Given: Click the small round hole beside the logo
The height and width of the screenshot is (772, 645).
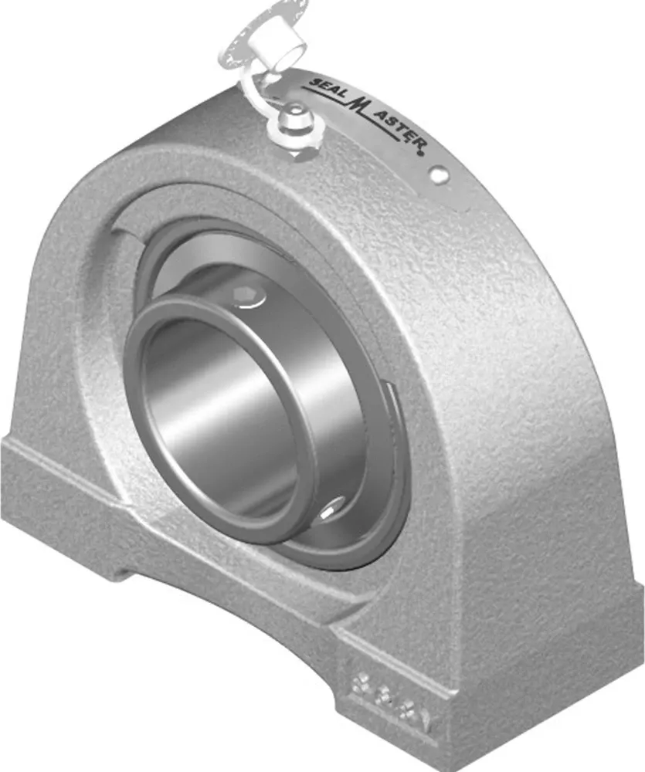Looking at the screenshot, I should click(x=440, y=176).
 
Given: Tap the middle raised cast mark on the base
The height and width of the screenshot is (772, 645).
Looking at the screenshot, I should click(x=390, y=699).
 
